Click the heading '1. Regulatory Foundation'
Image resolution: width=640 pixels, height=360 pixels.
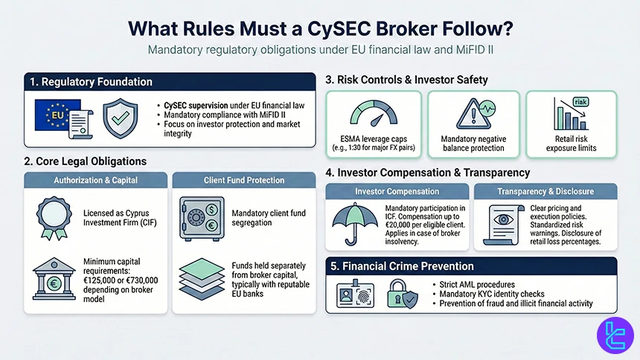[92, 82]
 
